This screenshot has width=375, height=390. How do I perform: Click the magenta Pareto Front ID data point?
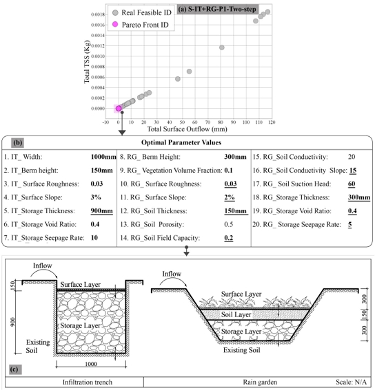(x=119, y=108)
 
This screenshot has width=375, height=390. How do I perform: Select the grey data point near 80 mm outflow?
(x=221, y=47)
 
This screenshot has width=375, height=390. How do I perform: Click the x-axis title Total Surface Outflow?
(x=187, y=128)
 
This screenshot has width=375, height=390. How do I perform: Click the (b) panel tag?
(x=19, y=143)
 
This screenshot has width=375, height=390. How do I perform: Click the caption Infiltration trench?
(x=74, y=381)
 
